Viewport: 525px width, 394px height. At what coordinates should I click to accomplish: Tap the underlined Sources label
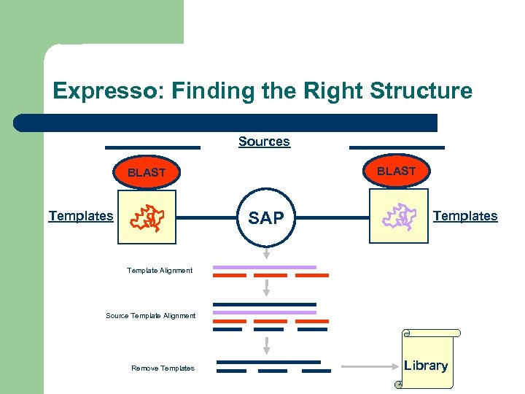coord(264,142)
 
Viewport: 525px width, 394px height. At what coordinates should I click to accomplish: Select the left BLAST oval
coord(147,173)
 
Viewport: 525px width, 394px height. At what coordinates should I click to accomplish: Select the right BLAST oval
coord(396,171)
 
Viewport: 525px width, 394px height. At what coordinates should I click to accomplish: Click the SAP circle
coord(266,217)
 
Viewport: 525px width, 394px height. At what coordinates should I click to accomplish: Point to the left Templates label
coord(81,216)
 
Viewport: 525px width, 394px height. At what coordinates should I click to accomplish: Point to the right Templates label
coord(465,216)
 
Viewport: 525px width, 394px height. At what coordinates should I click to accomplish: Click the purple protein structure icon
coord(398,217)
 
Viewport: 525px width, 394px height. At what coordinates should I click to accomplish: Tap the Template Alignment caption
coord(160,271)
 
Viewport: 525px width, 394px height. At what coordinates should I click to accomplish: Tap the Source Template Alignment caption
coord(151,316)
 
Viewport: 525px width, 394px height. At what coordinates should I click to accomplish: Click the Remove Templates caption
coord(163,368)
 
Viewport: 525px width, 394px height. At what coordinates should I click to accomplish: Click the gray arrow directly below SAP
coord(266,252)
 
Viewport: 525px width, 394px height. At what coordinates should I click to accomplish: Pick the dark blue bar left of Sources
coord(152,147)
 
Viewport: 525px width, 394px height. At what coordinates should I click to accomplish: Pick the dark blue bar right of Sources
coord(397,147)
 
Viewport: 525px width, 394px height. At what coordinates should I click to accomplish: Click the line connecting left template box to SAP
coord(209,217)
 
